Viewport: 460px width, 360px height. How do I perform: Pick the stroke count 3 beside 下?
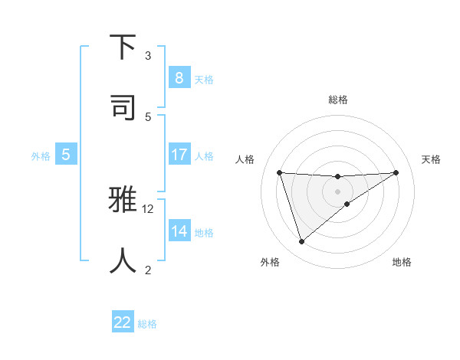[x=148, y=55]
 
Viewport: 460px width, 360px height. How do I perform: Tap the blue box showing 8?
[x=179, y=77]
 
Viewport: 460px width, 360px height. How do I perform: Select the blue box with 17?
[x=179, y=154]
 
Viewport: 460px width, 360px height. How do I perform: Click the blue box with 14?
[x=179, y=231]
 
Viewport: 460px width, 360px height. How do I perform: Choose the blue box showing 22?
[x=123, y=322]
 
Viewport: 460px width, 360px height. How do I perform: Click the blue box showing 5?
[x=66, y=154]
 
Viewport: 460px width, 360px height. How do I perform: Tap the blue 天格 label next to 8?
[x=204, y=79]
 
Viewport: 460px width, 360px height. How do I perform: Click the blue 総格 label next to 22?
[x=147, y=324]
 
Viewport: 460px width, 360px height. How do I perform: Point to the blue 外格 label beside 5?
[x=41, y=155]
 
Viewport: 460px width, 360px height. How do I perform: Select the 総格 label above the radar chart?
[x=337, y=100]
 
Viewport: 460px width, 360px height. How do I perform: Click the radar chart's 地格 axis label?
[x=402, y=262]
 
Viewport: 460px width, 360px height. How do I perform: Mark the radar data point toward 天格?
[x=396, y=172]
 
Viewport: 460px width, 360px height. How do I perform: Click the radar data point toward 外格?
[x=301, y=242]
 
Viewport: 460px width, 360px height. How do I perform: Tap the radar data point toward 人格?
[x=280, y=172]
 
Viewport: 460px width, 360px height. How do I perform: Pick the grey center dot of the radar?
[x=337, y=191]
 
